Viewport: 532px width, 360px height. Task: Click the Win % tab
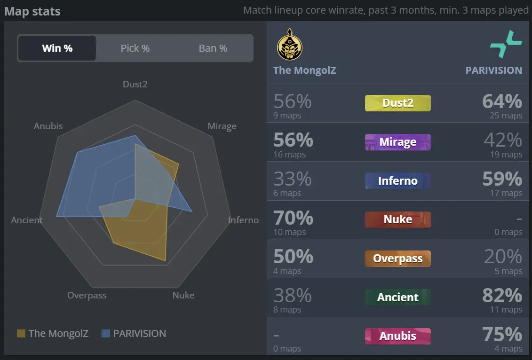coord(57,48)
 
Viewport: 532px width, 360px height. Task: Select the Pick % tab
coord(135,48)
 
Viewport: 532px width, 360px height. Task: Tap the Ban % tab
coord(213,48)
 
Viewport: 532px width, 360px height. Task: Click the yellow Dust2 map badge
coord(397,103)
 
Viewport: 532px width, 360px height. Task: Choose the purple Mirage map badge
coord(397,142)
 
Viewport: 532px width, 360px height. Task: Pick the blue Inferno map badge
coord(397,181)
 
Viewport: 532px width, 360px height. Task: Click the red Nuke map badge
coord(397,219)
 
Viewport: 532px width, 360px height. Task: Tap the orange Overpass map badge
coord(397,258)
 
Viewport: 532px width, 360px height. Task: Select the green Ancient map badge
coord(397,297)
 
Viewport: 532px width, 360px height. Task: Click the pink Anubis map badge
coord(397,336)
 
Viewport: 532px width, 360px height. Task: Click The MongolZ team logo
coord(289,45)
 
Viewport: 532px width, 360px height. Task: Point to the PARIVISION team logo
coord(506,44)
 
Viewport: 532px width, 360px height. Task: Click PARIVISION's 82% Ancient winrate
coord(502,296)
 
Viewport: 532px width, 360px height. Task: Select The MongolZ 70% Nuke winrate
coord(293,218)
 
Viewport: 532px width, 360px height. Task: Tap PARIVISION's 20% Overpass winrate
coord(503,257)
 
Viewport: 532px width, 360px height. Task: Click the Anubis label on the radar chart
coord(48,126)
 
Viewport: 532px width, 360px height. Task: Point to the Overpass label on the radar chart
coord(87,296)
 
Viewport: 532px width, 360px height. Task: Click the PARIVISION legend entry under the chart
coord(134,334)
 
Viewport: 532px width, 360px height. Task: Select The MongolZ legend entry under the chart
coord(52,334)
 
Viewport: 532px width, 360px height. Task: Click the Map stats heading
coord(32,11)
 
